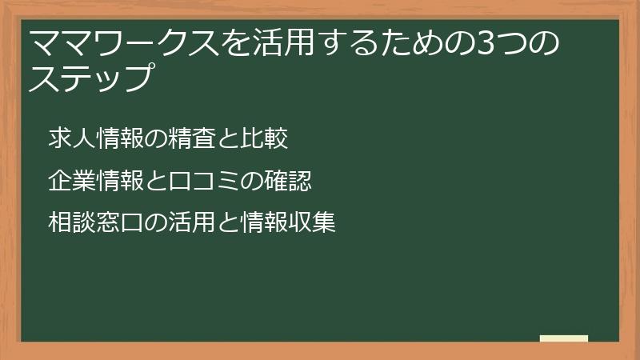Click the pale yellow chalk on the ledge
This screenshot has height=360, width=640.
pyautogui.click(x=563, y=338)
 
